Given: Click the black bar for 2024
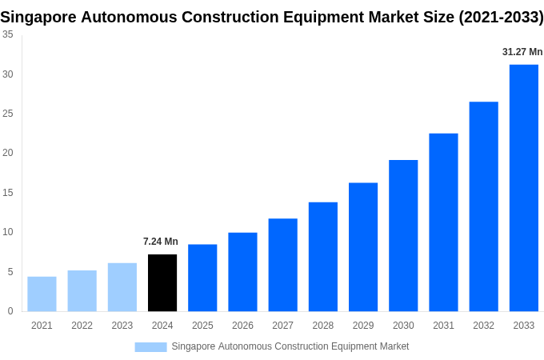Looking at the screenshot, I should [162, 282].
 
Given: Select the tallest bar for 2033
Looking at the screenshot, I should [523, 188].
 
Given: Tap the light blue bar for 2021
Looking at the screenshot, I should [42, 294].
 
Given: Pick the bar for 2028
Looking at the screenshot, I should [322, 257].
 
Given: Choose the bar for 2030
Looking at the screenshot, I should [403, 235].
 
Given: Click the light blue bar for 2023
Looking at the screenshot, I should [122, 287].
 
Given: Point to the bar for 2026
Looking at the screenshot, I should [242, 272].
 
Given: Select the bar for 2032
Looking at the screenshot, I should [483, 206].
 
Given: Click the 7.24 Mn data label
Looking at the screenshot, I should [161, 242].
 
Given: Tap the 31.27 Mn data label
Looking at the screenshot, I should [522, 52].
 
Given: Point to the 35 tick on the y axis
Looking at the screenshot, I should [7, 34].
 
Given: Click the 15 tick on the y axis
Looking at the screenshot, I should [7, 193].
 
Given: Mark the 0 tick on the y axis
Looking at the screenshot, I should [10, 311].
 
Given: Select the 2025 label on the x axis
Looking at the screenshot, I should [202, 326].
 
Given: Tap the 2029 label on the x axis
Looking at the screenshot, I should [362, 326].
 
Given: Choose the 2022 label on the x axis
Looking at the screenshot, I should [82, 326].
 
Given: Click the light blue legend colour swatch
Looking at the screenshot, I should [150, 346].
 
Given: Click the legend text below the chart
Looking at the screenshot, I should [290, 346].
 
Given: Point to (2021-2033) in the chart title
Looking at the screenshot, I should [501, 17].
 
